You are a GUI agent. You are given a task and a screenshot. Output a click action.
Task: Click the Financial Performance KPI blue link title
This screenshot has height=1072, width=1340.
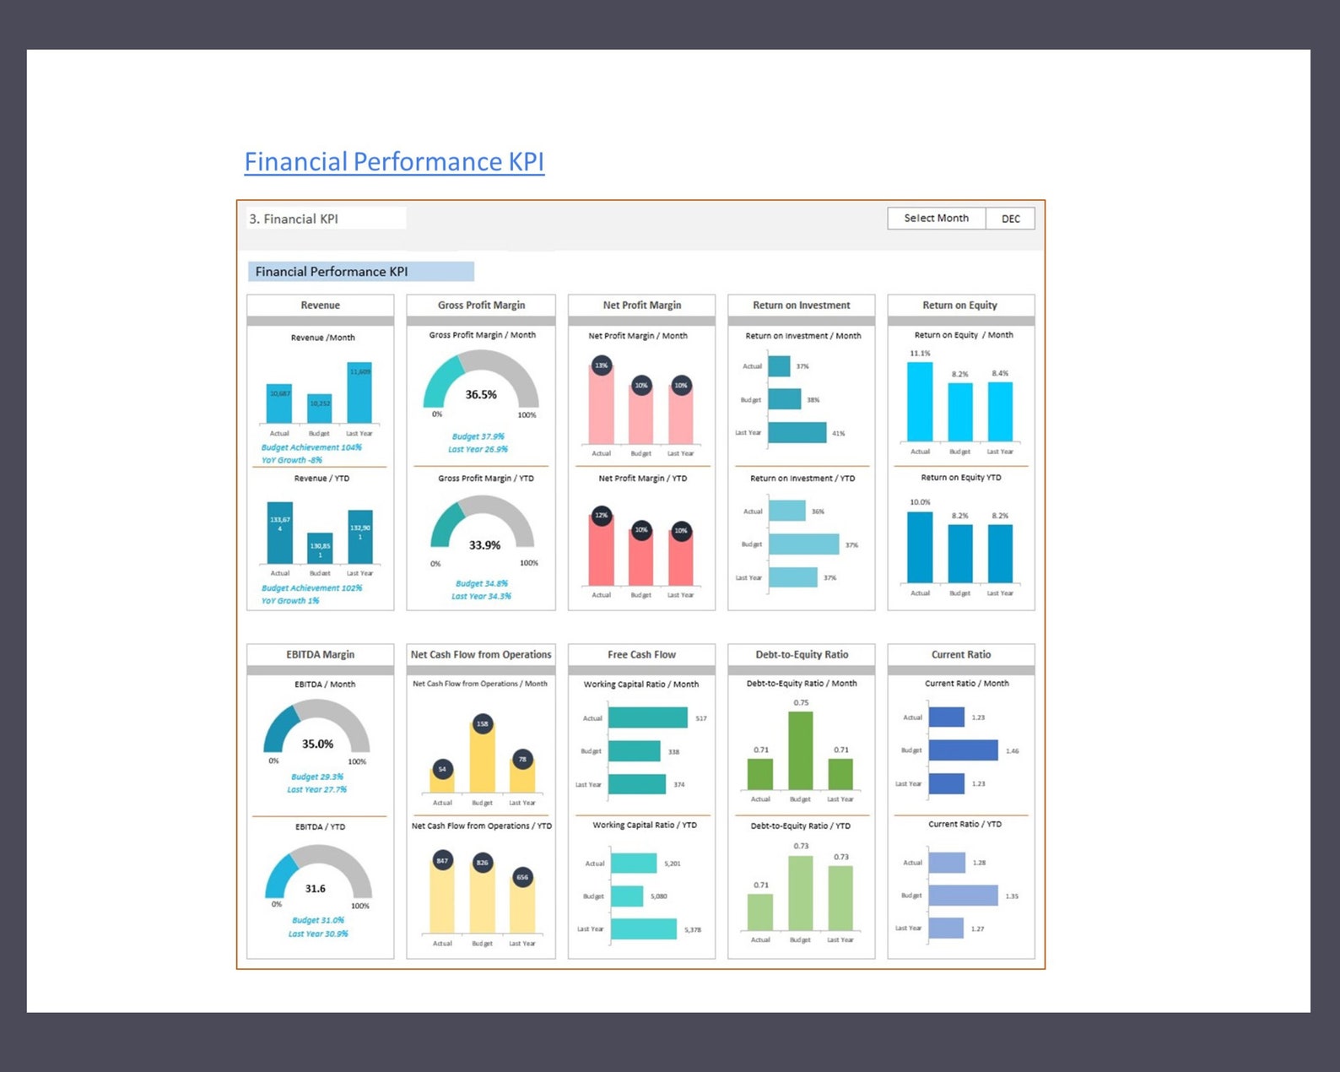394,161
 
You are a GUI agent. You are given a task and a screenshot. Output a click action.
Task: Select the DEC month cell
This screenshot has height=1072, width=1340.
1010,219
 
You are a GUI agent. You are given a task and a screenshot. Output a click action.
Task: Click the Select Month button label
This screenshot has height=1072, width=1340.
936,218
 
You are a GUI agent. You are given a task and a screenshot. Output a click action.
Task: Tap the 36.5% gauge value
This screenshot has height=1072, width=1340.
481,394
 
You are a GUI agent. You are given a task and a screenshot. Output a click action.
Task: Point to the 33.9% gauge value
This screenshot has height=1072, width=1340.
484,545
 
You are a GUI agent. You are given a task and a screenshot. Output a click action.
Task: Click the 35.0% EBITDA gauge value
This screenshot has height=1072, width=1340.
317,744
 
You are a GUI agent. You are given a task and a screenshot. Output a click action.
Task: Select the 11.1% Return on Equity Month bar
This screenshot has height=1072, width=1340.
920,401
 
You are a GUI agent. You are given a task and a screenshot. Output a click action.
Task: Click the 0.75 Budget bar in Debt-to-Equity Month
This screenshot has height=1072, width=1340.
800,750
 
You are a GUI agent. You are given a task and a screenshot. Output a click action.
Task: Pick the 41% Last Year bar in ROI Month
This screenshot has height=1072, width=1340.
797,432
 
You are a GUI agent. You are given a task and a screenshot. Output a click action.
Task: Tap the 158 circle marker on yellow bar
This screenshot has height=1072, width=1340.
482,723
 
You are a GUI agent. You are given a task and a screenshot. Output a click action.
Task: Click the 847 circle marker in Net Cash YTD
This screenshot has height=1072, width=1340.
442,861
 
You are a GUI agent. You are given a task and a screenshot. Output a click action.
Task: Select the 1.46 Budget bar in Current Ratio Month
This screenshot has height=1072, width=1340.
963,750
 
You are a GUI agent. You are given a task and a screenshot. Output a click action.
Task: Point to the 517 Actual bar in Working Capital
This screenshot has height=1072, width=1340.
647,717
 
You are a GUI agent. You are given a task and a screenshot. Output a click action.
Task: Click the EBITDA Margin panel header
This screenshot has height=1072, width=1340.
320,654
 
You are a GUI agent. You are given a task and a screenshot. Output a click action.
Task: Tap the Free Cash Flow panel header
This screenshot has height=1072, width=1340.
641,654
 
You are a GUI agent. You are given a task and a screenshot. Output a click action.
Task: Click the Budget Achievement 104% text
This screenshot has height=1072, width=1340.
311,447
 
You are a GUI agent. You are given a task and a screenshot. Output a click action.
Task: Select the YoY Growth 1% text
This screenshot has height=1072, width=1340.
290,601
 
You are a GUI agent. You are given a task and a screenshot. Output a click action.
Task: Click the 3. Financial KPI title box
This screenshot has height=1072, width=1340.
325,219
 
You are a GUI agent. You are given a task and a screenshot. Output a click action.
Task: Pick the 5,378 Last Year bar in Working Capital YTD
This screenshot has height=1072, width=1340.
643,929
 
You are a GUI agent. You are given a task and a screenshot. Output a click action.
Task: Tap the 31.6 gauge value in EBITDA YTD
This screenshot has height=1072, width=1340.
315,889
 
